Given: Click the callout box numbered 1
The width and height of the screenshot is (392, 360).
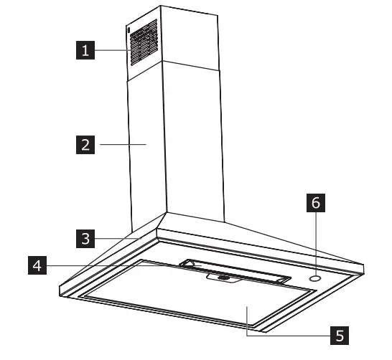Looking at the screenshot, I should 86,51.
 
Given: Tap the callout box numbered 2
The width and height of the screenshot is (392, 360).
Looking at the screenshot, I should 85,145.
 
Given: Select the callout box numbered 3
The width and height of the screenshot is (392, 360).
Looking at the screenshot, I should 85,238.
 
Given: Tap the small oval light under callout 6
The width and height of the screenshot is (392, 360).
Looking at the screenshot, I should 314,278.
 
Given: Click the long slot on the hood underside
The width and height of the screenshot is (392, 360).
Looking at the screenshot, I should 237,270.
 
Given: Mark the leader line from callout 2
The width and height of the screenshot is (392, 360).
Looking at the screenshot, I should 122,145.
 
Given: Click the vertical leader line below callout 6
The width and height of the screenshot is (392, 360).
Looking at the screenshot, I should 314,240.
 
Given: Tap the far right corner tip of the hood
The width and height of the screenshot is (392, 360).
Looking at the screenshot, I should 363,264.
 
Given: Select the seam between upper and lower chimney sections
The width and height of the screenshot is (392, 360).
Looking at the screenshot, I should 172,65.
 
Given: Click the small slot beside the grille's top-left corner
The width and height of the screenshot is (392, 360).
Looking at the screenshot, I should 128,32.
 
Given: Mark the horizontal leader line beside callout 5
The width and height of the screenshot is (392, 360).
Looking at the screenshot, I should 287,334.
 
